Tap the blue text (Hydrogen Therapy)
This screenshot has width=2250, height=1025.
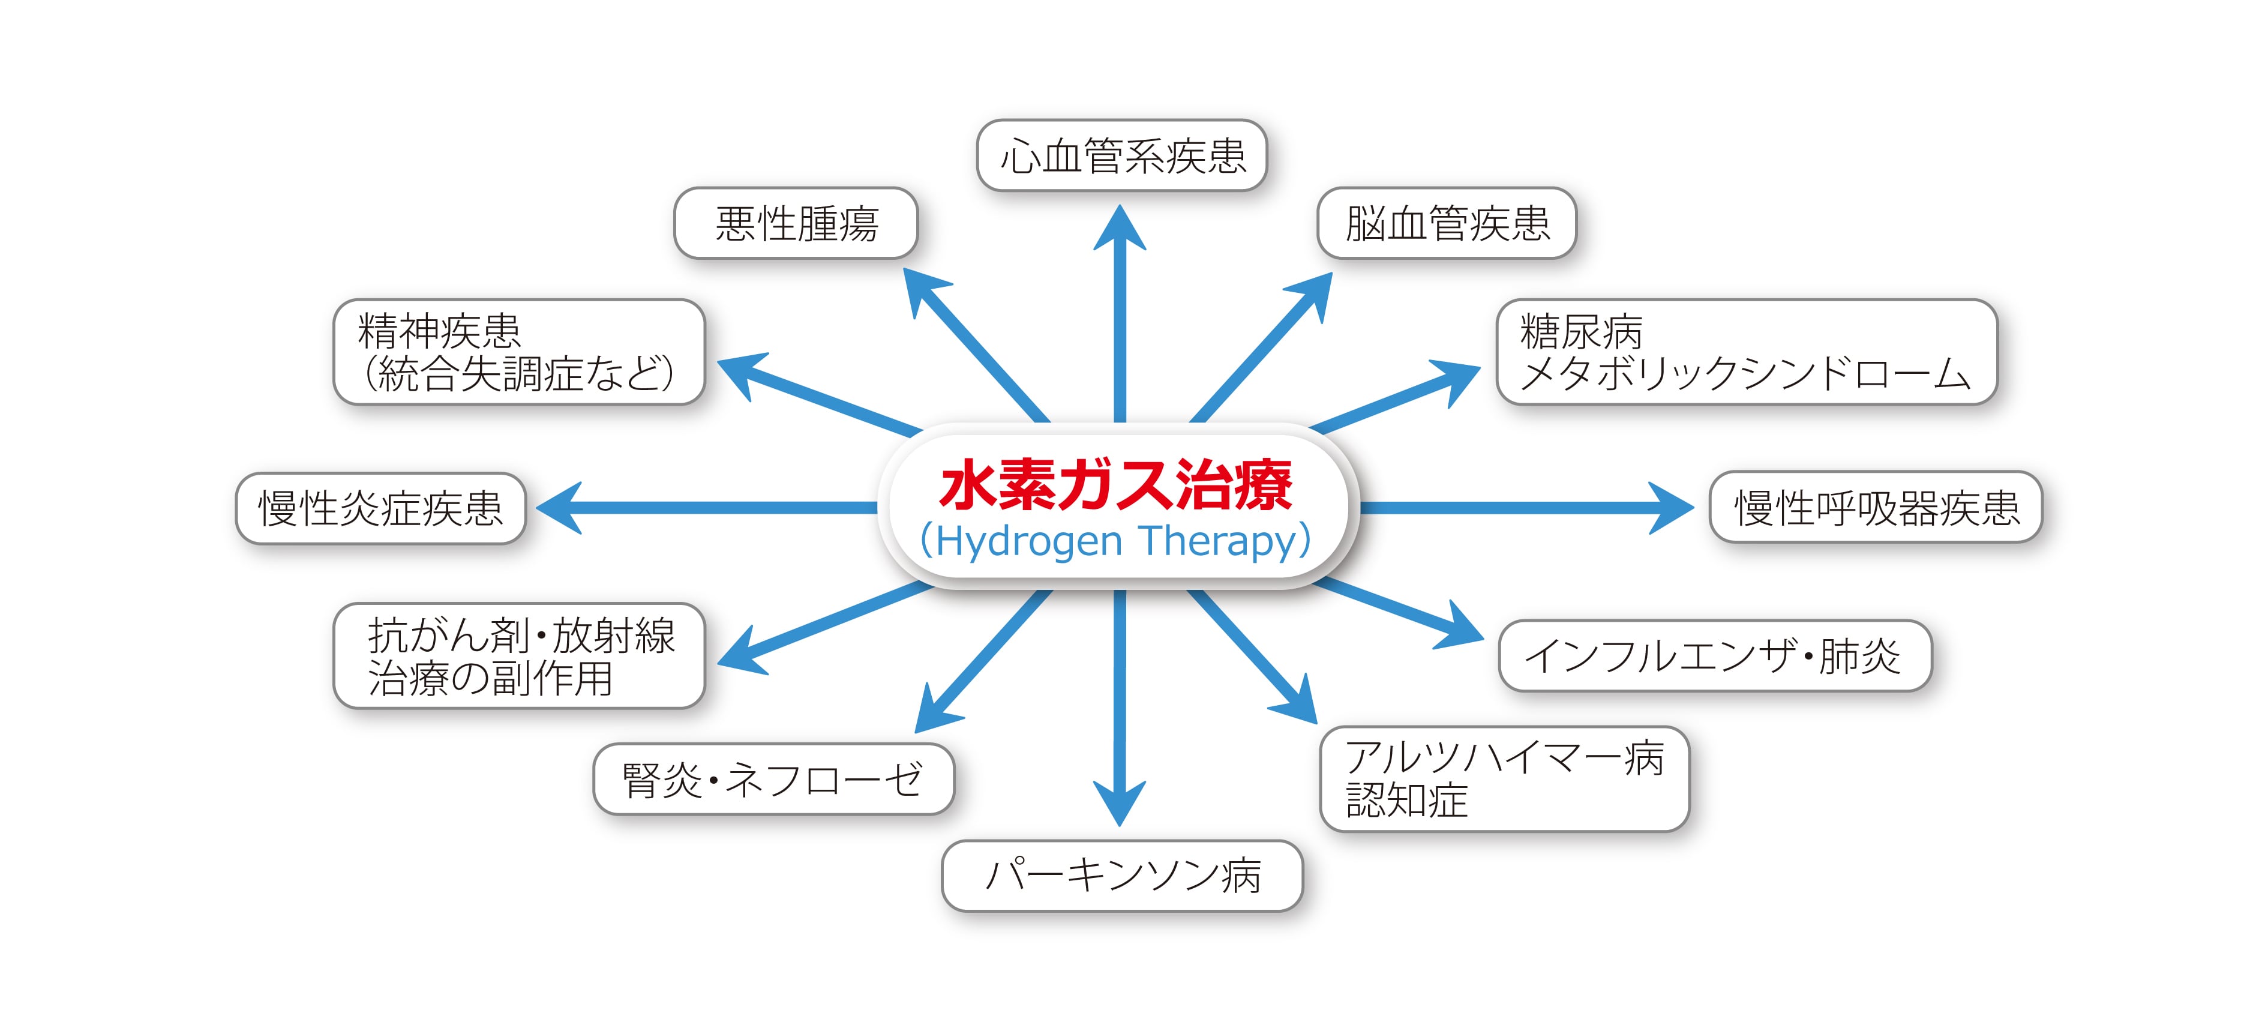(1116, 541)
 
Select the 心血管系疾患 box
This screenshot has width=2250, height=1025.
(1121, 155)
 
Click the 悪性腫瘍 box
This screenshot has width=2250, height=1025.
(796, 223)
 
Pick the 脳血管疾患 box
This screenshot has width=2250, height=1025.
(1447, 223)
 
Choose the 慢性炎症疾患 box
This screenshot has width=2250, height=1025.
(381, 508)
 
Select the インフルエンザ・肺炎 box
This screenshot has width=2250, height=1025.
(1715, 655)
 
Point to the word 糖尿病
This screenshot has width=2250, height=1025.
(1581, 331)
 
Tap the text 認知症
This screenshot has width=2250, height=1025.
(1406, 801)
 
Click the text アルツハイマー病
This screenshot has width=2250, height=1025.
(1505, 757)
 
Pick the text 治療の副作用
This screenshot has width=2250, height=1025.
(490, 678)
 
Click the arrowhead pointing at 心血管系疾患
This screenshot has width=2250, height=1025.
(1120, 229)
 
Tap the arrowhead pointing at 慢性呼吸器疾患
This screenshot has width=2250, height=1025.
(1670, 508)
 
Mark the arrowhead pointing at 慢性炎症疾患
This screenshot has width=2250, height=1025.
(560, 508)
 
